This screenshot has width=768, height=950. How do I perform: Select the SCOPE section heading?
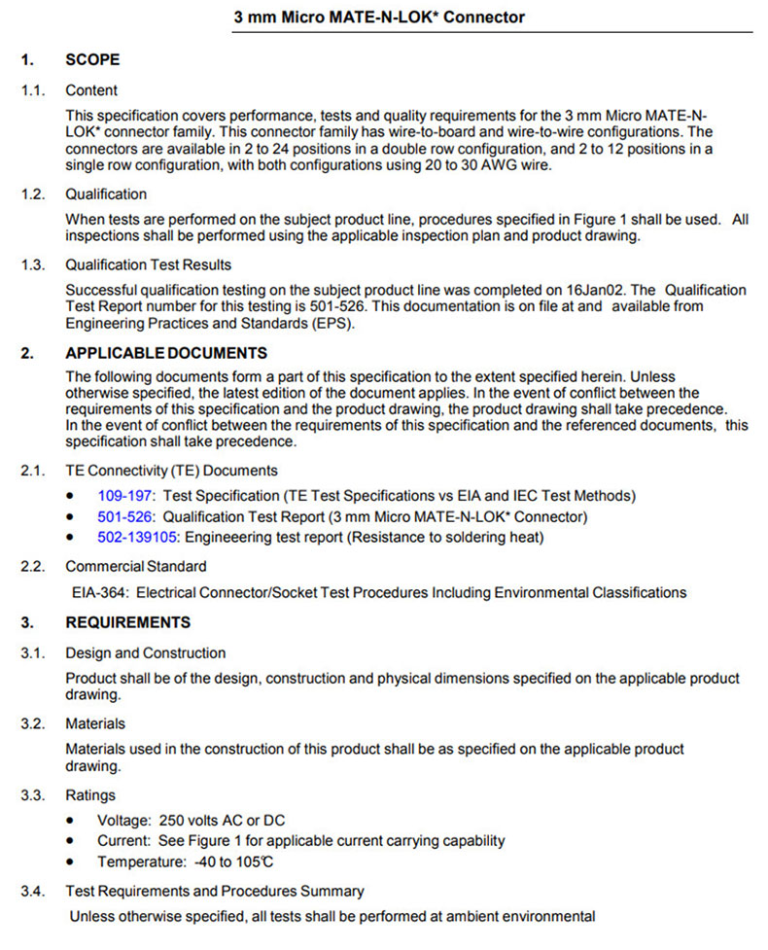coord(92,59)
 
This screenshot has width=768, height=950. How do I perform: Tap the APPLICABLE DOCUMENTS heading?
coord(166,353)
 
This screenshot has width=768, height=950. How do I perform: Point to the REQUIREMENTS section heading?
coord(127,622)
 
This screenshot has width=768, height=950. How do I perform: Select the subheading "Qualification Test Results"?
coord(148,264)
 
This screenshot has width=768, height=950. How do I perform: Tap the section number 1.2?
coord(34,194)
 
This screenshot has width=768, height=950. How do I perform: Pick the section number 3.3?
coord(34,796)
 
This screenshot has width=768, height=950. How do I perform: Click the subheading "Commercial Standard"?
coord(136,566)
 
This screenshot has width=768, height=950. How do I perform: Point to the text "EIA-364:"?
coord(101,592)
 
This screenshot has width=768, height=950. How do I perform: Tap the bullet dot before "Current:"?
coord(71,841)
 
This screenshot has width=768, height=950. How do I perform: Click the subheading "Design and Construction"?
coord(145,653)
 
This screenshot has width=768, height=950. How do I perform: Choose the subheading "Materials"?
coord(95,724)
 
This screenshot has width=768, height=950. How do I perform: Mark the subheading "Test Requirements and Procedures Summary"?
coord(214,891)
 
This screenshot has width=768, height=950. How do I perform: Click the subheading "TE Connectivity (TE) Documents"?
coord(171,471)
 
